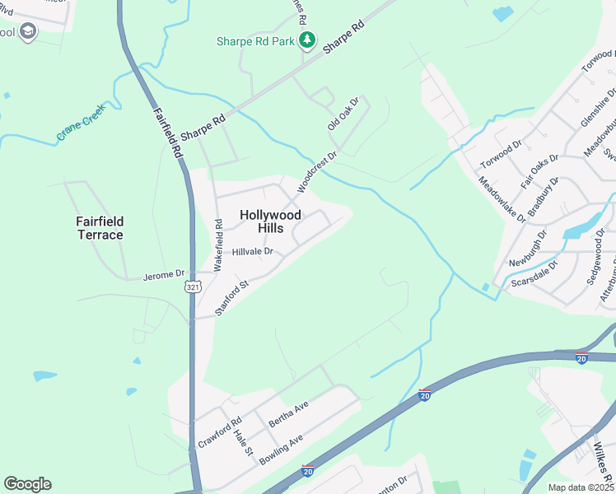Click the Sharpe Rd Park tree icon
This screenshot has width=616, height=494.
coord(306,40)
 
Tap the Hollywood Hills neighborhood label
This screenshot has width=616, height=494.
coord(270,221)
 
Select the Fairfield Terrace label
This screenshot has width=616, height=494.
coord(100,228)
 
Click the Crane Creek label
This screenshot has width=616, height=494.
coord(82,123)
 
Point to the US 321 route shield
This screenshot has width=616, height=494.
coord(192,287)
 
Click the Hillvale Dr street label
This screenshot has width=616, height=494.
coord(252,252)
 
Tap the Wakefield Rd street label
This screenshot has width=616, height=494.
coord(218,245)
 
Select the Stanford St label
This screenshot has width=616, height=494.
coord(232,298)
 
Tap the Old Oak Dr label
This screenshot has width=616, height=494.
coord(343,114)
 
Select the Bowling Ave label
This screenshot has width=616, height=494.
coord(282,449)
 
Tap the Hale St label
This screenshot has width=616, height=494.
coord(241,442)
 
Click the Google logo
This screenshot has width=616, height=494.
coord(27,484)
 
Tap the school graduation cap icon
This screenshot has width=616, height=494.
coord(28,32)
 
